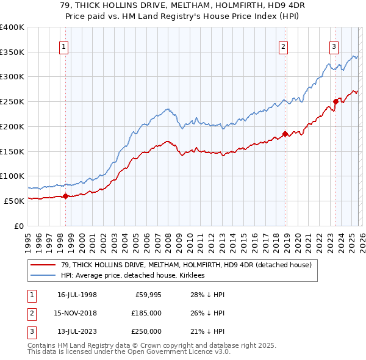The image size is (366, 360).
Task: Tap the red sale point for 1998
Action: [x=66, y=196]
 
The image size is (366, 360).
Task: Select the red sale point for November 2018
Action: [x=285, y=134]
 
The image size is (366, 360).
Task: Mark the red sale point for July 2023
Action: [x=335, y=101]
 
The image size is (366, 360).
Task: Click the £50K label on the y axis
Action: [x=13, y=201]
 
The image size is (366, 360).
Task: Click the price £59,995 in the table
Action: [x=148, y=295]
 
